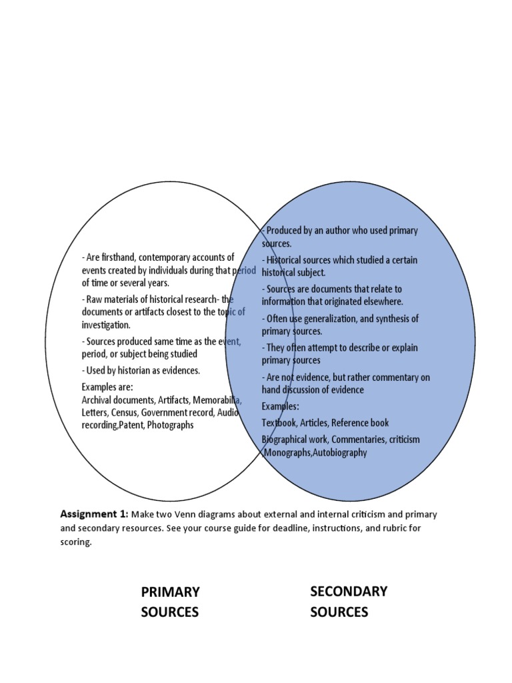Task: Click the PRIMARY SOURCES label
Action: coord(170,602)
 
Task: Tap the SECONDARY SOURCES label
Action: coord(349,601)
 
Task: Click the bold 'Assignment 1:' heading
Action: coord(94,514)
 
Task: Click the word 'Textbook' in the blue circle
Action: coord(279,422)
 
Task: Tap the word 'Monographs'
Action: coord(289,452)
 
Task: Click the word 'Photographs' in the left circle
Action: coord(171,424)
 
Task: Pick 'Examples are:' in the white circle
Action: coord(107,387)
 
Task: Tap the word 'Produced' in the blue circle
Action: coord(284,231)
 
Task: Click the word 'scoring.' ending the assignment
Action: coord(75,542)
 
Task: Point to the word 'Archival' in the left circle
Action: coord(97,400)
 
